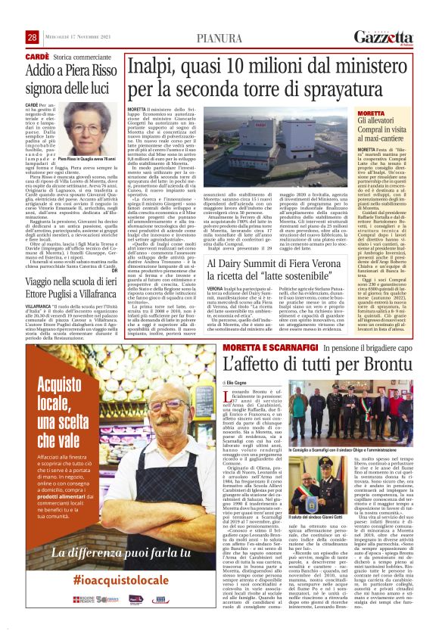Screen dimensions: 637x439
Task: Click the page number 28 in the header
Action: (33, 37)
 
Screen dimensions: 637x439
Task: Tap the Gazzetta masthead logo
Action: (384, 37)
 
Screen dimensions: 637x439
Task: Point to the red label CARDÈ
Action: (37, 57)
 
